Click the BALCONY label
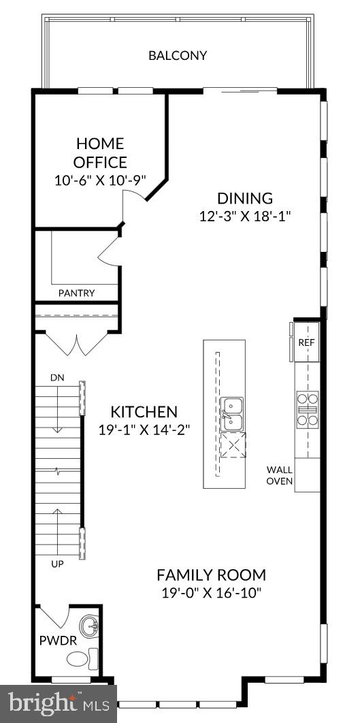(178, 56)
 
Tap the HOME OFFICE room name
(101, 153)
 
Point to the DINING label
(245, 199)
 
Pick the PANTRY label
(76, 293)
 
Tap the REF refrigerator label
(307, 342)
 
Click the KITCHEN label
(144, 412)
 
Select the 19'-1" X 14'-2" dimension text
(144, 430)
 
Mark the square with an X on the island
(233, 447)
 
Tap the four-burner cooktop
(307, 409)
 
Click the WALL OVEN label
(280, 475)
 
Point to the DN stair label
(56, 377)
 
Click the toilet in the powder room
(81, 658)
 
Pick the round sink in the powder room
(88, 625)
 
